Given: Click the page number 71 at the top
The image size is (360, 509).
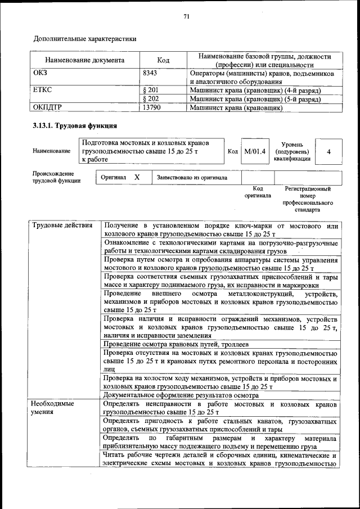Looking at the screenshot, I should click(186, 17).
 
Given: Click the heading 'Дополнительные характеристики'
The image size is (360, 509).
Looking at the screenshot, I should click(85, 39).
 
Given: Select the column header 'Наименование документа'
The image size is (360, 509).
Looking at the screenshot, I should click(84, 61).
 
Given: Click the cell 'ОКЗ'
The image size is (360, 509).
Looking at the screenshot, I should click(41, 73).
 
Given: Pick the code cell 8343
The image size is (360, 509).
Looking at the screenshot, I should click(150, 73).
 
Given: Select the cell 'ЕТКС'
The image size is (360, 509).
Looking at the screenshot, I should click(43, 90).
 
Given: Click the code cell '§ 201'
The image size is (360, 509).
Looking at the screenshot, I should click(151, 90).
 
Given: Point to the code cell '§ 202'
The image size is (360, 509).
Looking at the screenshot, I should click(151, 98).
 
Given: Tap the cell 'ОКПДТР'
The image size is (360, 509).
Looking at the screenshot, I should click(47, 107).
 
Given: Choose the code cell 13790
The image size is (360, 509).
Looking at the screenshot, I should click(152, 107).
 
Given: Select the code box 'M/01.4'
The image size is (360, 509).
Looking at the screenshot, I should click(255, 151).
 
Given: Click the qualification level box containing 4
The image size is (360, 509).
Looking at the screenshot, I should click(328, 152).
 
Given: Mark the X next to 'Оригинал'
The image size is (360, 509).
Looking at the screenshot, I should click(137, 177).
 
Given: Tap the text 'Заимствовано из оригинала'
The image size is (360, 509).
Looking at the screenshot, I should click(192, 178).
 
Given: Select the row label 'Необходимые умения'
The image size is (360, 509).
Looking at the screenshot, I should click(52, 408).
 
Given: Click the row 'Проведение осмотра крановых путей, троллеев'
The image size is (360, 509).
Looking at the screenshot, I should click(176, 344).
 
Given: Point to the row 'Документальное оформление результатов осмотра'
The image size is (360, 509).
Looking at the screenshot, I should click(181, 395).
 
